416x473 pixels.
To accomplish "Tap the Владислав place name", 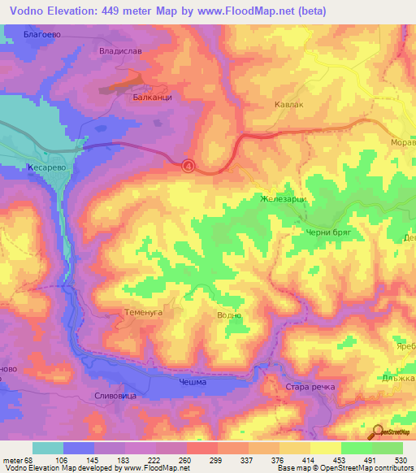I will click(x=121, y=49).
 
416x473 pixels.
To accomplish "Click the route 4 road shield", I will click(x=188, y=166).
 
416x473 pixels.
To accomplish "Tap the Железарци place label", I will click(x=281, y=198).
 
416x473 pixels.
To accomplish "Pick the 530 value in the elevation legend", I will click(x=399, y=460).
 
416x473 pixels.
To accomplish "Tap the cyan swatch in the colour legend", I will click(x=47, y=448).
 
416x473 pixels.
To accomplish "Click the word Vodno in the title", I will click(x=27, y=10).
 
